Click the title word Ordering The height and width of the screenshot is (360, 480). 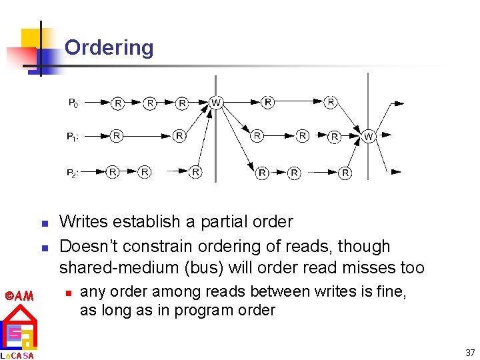(x=109, y=48)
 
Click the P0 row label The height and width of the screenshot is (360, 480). (x=75, y=103)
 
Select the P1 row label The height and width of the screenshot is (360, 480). (x=73, y=137)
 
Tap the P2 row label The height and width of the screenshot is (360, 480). (x=74, y=173)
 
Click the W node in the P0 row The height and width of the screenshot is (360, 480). (x=215, y=103)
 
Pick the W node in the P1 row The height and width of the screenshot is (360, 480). (x=369, y=137)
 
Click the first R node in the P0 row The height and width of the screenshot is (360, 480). (x=117, y=103)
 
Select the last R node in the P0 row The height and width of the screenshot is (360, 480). (x=331, y=103)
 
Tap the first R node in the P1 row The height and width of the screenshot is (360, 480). (x=117, y=136)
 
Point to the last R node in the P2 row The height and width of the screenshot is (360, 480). (x=345, y=173)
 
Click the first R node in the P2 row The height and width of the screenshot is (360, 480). (x=113, y=172)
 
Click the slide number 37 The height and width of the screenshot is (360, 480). (x=470, y=352)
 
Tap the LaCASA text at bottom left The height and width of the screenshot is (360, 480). (x=18, y=355)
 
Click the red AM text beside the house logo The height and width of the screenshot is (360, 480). (x=19, y=295)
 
